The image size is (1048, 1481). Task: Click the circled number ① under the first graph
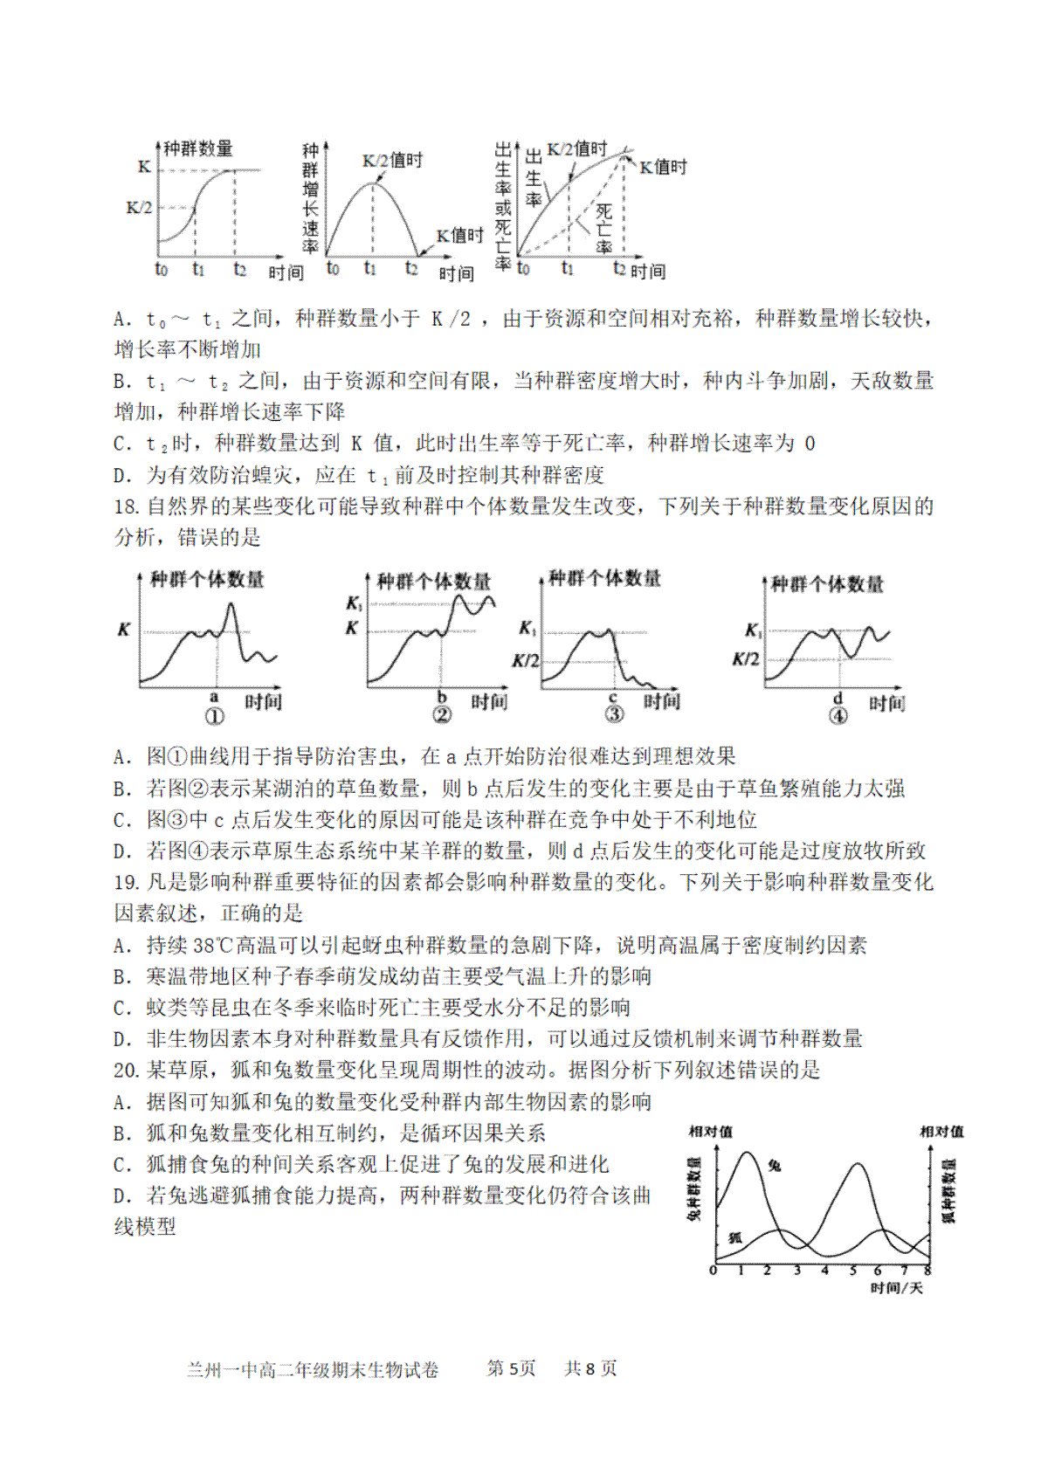(x=214, y=717)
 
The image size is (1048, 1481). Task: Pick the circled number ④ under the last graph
(x=838, y=717)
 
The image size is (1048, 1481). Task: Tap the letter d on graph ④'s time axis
(x=838, y=699)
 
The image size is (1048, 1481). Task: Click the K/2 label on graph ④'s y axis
(x=745, y=659)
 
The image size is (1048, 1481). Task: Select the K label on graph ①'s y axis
(x=124, y=630)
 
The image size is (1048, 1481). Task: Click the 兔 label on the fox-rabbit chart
(x=775, y=1165)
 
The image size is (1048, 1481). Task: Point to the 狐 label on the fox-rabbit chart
(x=734, y=1237)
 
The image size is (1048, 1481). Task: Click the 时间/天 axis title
(x=896, y=1288)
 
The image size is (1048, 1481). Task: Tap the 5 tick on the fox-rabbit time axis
(x=853, y=1271)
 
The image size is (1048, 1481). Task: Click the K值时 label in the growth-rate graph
(x=459, y=236)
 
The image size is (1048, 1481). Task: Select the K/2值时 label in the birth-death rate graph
(x=576, y=150)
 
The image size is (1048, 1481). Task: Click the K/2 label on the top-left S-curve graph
(x=139, y=208)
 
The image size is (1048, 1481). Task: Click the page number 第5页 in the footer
(x=511, y=1368)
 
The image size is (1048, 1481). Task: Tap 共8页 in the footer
(x=590, y=1368)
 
